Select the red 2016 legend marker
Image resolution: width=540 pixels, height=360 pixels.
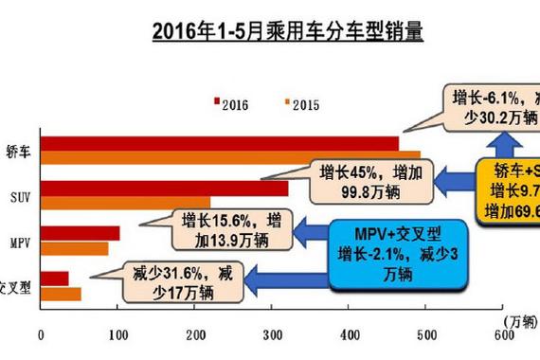[218, 102]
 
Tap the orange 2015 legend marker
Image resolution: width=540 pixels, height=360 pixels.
[286, 102]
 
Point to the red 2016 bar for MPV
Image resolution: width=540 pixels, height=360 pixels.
[80, 233]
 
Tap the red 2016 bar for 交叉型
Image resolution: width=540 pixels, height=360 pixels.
[54, 278]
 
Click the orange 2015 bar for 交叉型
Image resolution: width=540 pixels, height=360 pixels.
[61, 292]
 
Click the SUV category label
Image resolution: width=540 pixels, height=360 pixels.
[19, 195]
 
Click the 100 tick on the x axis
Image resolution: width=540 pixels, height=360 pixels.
[118, 333]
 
